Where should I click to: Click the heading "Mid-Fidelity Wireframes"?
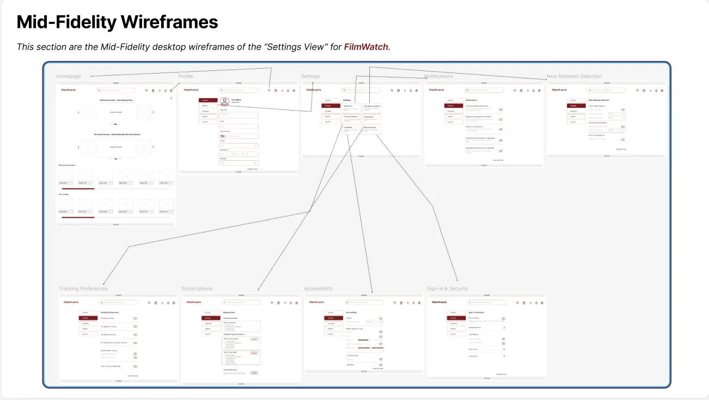[117, 22]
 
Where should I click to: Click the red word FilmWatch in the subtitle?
[366, 47]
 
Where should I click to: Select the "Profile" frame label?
[186, 76]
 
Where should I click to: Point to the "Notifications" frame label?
[439, 76]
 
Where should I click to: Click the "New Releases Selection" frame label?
[574, 76]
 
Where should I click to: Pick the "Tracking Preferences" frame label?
[83, 288]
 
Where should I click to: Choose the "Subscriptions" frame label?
[197, 288]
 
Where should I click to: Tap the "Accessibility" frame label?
[318, 288]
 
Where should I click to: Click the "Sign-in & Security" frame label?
[447, 288]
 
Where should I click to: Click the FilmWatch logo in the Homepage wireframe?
[68, 90]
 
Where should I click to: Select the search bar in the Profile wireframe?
[239, 90]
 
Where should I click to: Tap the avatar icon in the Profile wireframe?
[224, 101]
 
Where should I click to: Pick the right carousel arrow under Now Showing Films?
[154, 112]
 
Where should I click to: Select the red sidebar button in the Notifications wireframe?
[451, 106]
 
